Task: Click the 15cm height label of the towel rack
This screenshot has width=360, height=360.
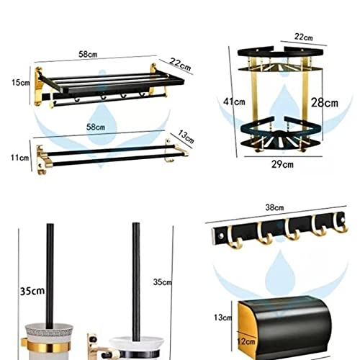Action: click(21, 83)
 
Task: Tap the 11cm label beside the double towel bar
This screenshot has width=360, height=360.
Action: click(19, 158)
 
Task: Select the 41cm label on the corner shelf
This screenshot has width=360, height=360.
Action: click(234, 102)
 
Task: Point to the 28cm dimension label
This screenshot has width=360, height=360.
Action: click(325, 103)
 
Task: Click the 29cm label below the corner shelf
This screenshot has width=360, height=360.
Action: click(282, 164)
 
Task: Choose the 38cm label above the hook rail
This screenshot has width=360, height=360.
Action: click(274, 207)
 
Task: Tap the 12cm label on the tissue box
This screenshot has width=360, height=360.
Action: click(246, 341)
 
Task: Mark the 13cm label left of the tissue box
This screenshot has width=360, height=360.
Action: click(223, 318)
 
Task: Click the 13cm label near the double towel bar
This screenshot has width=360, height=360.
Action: click(186, 137)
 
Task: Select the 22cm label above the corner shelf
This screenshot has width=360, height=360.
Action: click(304, 37)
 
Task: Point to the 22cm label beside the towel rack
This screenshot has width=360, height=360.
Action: click(180, 64)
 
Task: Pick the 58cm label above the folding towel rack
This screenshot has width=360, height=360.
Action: click(88, 54)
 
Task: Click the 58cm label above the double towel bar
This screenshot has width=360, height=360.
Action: click(96, 127)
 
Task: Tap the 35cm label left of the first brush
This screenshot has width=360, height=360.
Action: click(32, 291)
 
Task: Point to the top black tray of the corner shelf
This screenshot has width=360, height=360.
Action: click(280, 53)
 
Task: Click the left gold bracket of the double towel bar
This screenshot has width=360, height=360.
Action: click(42, 159)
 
